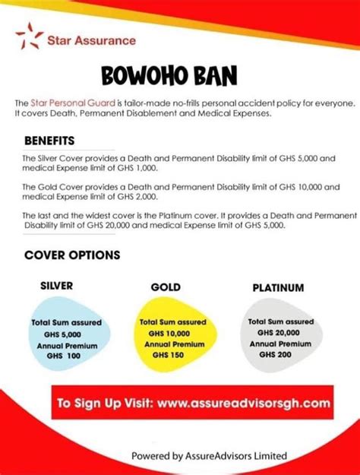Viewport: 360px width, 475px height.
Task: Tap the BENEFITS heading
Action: (49, 141)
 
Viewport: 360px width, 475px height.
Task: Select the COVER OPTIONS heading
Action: (72, 255)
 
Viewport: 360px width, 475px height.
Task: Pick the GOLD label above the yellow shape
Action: (165, 288)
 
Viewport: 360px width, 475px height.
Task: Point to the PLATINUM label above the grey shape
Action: (278, 288)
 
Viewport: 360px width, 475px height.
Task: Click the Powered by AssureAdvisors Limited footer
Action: (210, 455)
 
